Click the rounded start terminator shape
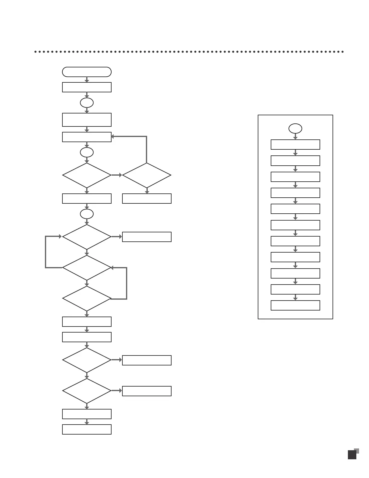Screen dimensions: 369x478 coord(87,72)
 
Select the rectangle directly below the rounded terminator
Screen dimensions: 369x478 coord(87,87)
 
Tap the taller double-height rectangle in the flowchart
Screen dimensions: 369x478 coord(87,120)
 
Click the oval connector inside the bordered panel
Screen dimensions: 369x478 coord(295,129)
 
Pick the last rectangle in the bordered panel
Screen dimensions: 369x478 coord(295,305)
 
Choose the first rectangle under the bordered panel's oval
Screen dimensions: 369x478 coord(295,145)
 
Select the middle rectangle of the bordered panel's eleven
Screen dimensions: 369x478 coord(295,225)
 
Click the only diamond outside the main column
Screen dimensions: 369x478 coord(147,175)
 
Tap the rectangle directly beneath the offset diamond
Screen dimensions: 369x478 coord(147,199)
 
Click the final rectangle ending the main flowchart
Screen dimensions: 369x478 coord(87,429)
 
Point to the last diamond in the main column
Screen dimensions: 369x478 coord(87,391)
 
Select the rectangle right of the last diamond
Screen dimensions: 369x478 coord(147,391)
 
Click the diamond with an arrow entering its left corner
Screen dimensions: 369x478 coord(87,237)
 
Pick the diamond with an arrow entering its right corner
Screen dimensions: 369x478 coord(87,268)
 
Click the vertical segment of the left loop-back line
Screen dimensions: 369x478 coord(46,252)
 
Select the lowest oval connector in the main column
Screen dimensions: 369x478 coord(87,214)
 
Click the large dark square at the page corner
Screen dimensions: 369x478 coord(352,455)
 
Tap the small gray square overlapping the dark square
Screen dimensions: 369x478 coord(357,451)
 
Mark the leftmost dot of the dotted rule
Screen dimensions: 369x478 coord(36,52)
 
